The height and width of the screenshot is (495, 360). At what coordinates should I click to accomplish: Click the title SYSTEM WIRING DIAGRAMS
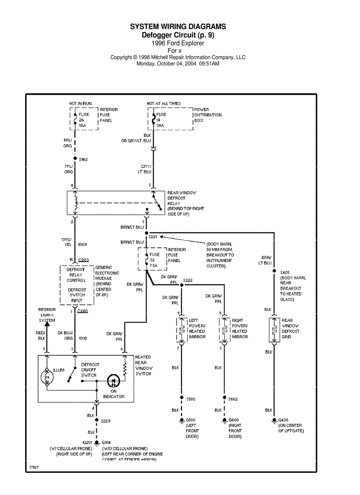[178, 27]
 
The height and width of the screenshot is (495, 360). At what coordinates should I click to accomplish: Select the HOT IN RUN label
[80, 104]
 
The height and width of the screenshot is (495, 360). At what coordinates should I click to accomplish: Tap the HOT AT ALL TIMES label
[164, 104]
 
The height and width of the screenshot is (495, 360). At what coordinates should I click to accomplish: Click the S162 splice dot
[75, 159]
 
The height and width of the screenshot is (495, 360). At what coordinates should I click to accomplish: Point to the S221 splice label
[153, 237]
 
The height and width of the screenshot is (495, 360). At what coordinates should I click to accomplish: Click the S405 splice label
[285, 272]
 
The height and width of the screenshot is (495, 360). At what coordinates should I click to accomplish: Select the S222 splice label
[188, 280]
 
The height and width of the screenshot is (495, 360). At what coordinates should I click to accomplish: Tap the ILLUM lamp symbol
[48, 377]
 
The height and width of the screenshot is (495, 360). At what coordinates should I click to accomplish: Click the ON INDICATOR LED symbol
[113, 380]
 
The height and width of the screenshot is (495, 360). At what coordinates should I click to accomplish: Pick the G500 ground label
[191, 420]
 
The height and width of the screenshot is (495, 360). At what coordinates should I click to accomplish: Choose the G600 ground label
[234, 420]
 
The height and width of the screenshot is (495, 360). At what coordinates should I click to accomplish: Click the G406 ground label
[284, 420]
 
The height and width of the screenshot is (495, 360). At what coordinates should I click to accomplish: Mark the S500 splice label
[191, 399]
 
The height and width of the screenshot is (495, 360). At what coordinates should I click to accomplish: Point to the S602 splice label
[234, 399]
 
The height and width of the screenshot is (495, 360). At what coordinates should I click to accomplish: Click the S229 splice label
[106, 421]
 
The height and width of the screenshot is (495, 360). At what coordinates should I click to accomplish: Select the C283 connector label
[83, 260]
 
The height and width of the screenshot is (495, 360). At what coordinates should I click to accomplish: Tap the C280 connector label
[82, 311]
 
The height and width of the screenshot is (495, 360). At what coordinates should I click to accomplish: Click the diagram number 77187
[34, 466]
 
